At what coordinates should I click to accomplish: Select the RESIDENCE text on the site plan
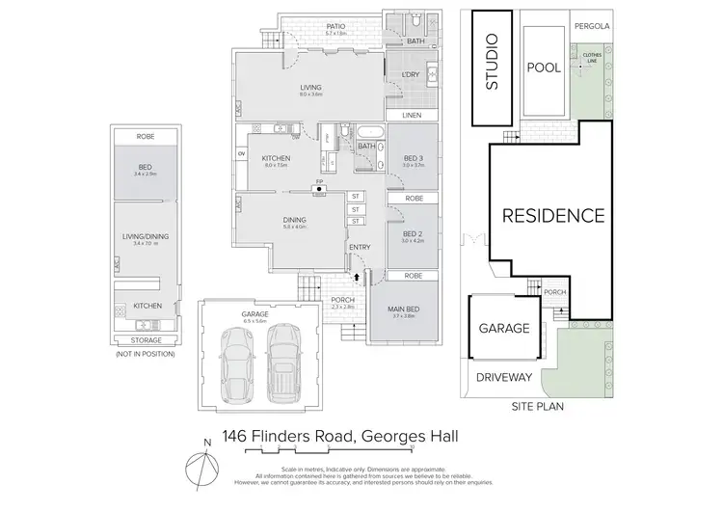552,216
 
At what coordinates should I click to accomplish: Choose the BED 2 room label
413,234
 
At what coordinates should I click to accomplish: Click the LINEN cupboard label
413,115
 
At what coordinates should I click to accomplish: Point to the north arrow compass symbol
205,460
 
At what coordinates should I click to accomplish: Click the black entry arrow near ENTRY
359,276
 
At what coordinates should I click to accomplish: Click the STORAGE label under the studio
146,340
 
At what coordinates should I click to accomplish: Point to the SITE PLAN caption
538,407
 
